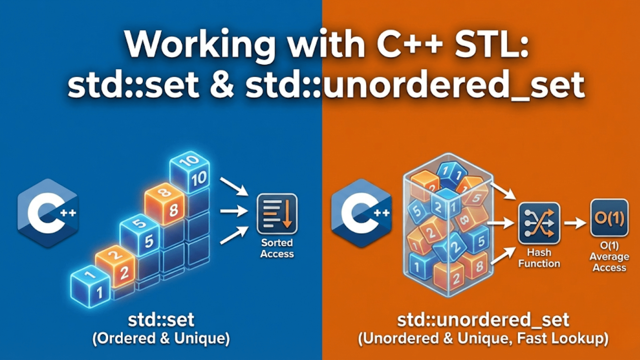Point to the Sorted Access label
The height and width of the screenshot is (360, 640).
277,248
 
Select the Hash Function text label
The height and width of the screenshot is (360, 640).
539,258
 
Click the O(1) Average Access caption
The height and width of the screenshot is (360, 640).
609,257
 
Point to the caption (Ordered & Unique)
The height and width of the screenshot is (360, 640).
161,339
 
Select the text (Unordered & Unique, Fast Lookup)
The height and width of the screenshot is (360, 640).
483,339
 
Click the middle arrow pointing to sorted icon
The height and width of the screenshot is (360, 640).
234,211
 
